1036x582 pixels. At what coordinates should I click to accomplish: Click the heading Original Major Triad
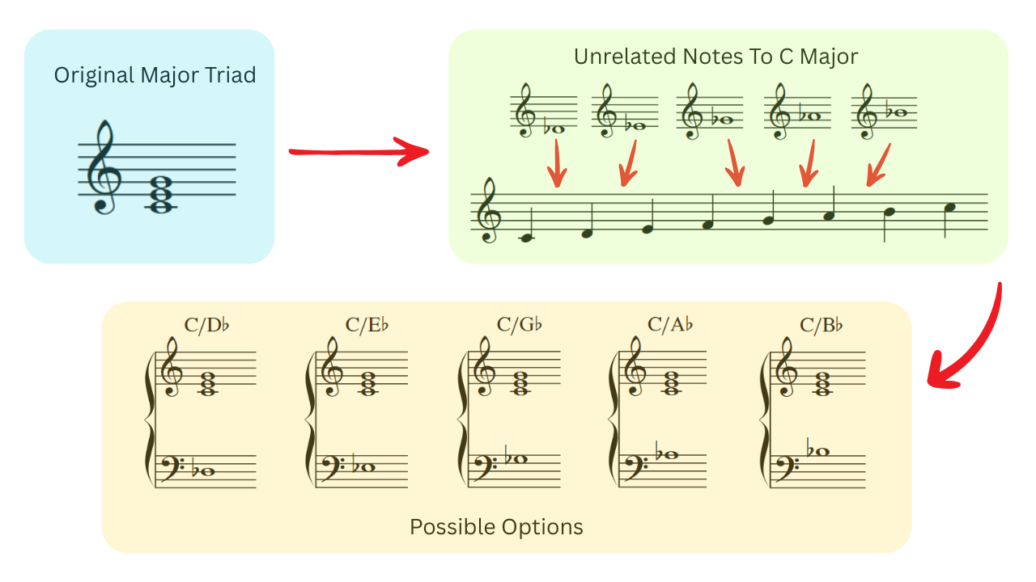[x=155, y=75]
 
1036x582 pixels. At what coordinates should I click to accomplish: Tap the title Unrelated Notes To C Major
[x=715, y=57]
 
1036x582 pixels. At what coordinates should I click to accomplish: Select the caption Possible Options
[x=496, y=527]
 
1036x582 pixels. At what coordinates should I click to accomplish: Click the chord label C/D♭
[x=206, y=325]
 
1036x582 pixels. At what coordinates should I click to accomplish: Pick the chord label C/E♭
[x=367, y=325]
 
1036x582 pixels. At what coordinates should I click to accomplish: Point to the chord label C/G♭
[x=519, y=325]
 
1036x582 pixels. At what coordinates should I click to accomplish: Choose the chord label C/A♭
[x=670, y=325]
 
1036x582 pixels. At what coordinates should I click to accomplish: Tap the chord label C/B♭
[x=822, y=325]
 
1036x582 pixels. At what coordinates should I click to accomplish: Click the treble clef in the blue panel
[x=104, y=167]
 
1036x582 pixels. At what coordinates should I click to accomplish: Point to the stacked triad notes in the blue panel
[x=161, y=194]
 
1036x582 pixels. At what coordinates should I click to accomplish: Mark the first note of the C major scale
[x=527, y=238]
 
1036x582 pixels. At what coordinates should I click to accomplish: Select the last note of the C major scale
[x=949, y=209]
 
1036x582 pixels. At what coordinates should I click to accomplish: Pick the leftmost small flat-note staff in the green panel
[x=543, y=112]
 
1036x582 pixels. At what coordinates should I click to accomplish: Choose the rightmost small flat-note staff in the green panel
[x=884, y=112]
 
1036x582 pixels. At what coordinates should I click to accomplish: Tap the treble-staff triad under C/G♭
[x=520, y=383]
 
